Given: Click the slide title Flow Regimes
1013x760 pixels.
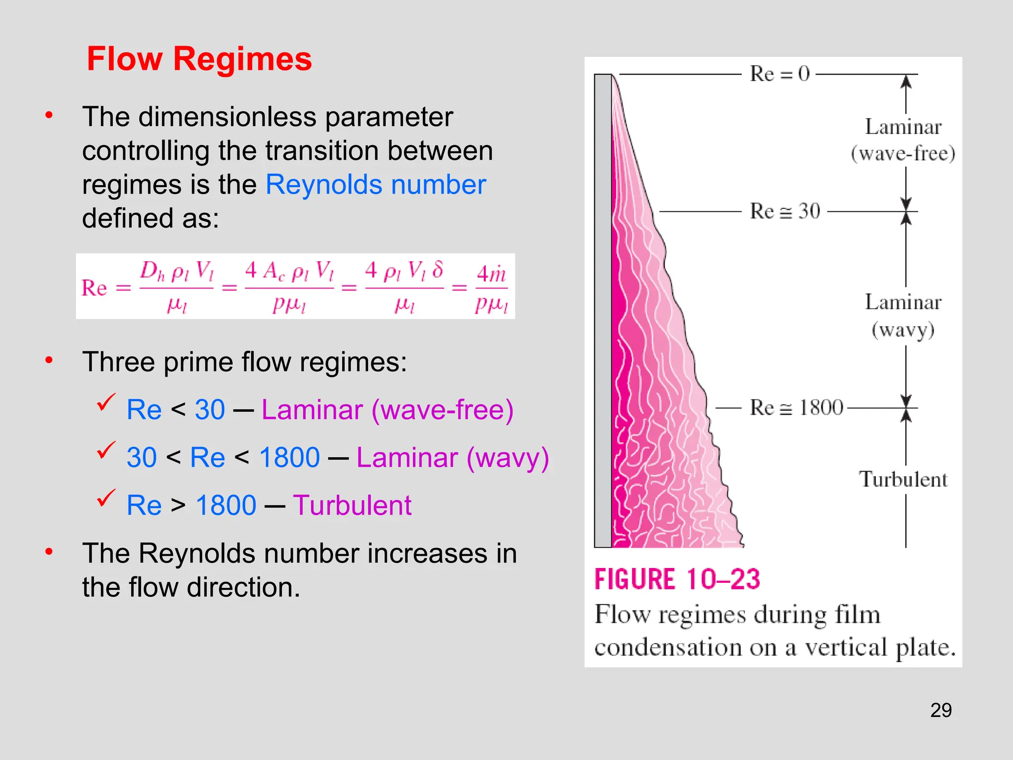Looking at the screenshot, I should tap(199, 59).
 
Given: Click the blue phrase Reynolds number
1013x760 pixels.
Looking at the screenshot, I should tap(375, 185).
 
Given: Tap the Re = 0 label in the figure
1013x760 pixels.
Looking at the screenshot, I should tap(779, 74).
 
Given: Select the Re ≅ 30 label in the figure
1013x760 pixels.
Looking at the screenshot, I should tap(784, 211).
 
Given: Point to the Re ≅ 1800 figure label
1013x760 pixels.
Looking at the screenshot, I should tap(796, 408).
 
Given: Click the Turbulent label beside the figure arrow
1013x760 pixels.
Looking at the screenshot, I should tap(903, 479).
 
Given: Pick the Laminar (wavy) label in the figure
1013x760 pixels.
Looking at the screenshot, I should tap(903, 316).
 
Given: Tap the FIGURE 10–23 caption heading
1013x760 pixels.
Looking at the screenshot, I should tap(677, 579).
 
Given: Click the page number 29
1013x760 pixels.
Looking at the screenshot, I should tap(941, 710).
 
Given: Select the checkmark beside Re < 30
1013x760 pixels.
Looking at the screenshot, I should tap(106, 402).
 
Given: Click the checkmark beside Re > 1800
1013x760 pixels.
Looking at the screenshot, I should tap(106, 498).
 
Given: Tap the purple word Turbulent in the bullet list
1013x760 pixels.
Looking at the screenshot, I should tap(352, 506).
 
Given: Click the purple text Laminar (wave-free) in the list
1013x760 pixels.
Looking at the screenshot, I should tap(387, 410).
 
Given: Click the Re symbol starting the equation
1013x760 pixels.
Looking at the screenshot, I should tap(94, 288).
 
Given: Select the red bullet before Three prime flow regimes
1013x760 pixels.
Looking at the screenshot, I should tap(49, 360).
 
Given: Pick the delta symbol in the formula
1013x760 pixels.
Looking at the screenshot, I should tap(437, 270).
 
